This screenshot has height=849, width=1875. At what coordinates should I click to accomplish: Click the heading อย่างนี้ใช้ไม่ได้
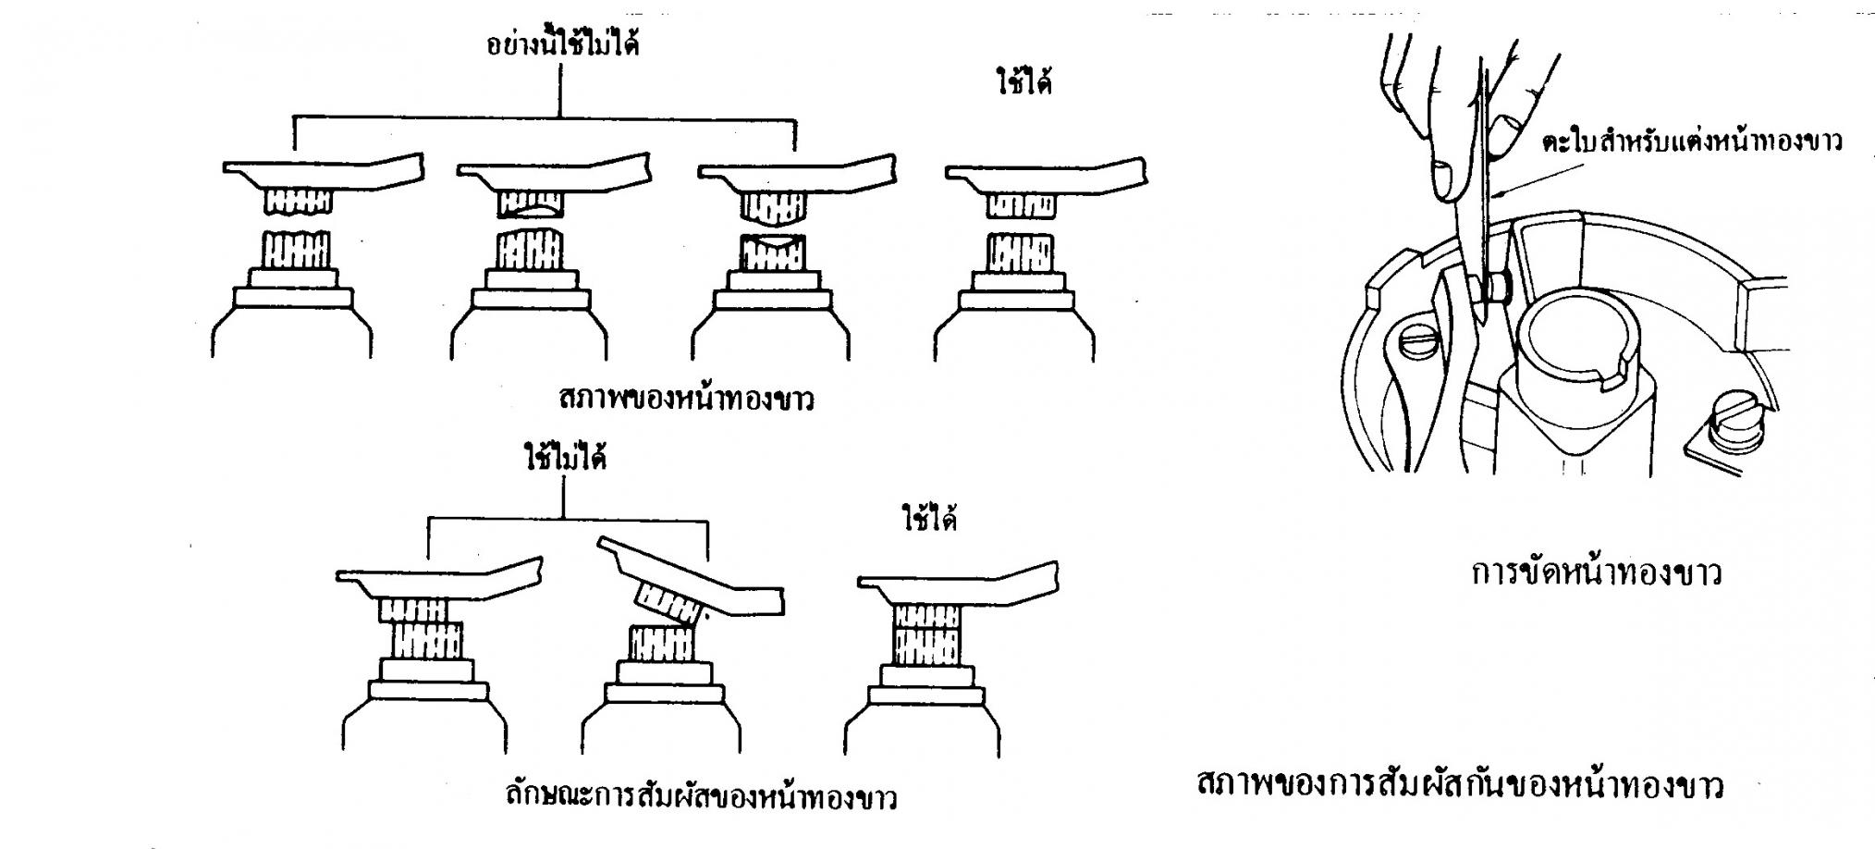tap(563, 45)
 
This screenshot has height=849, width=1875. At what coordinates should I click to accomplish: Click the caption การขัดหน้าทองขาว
tap(1597, 573)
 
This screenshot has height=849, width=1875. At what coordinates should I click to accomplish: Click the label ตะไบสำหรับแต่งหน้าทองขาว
tap(1692, 141)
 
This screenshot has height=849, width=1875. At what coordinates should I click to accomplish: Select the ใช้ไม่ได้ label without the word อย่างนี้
tap(565, 459)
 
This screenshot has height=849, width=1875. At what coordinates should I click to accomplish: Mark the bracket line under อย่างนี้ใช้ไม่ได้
tap(545, 118)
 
